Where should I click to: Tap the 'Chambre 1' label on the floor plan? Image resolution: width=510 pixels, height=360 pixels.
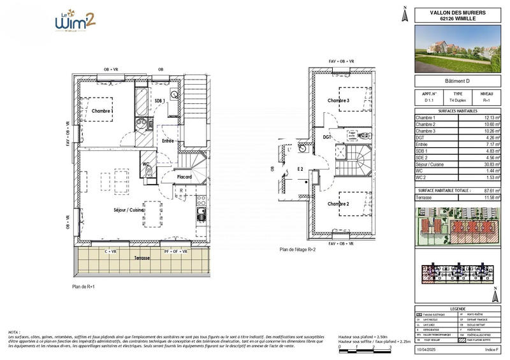pyautogui.click(x=103, y=111)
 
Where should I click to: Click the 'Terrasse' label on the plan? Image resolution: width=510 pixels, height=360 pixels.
pyautogui.click(x=142, y=258)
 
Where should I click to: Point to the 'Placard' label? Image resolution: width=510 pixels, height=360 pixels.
pyautogui.click(x=185, y=176)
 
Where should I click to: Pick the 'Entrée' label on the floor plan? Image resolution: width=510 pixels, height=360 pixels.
pyautogui.click(x=168, y=141)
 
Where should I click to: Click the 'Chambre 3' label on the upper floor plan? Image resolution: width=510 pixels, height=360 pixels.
pyautogui.click(x=339, y=101)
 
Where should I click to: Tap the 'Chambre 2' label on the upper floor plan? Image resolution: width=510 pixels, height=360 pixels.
pyautogui.click(x=339, y=204)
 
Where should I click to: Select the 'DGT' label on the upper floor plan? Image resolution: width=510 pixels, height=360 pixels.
pyautogui.click(x=327, y=136)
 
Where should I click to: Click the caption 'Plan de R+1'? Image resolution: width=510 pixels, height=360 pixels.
pyautogui.click(x=84, y=287)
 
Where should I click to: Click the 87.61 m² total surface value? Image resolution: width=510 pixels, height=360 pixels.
pyautogui.click(x=490, y=191)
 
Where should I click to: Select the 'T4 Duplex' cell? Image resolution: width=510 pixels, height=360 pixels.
pyautogui.click(x=458, y=101)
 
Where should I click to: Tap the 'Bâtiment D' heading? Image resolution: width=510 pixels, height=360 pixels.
pyautogui.click(x=457, y=81)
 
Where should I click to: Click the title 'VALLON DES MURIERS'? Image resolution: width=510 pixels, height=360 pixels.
pyautogui.click(x=457, y=12)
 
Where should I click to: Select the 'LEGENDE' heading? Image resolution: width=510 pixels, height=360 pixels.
pyautogui.click(x=457, y=307)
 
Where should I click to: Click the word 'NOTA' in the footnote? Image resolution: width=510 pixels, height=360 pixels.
pyautogui.click(x=14, y=332)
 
